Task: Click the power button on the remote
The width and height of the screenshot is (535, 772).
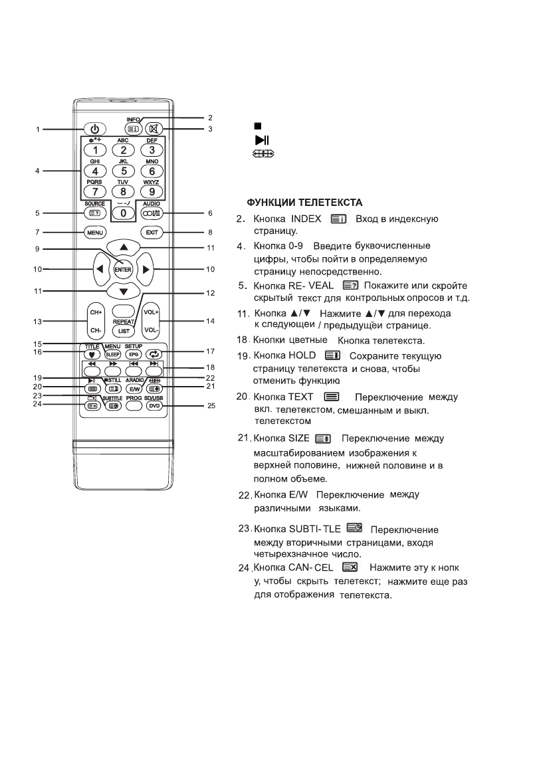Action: [95, 129]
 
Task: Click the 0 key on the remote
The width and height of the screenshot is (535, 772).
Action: [124, 213]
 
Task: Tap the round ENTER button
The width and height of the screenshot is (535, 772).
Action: [123, 269]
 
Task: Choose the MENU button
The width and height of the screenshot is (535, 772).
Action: [95, 233]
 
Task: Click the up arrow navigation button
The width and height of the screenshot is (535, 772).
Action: [124, 246]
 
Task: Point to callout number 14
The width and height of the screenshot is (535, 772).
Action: [211, 321]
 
